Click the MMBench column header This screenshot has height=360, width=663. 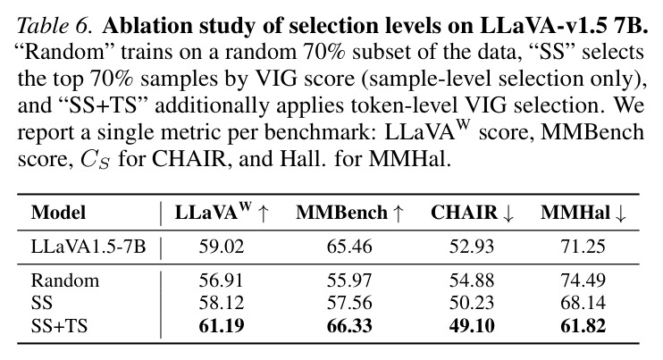point(349,213)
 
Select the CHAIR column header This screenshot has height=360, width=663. point(472,213)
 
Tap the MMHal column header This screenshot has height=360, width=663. point(583,213)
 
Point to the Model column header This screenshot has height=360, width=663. point(58,213)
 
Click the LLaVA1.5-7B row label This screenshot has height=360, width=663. point(88,247)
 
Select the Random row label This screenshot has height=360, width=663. point(65,280)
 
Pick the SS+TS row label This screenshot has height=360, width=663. point(59,326)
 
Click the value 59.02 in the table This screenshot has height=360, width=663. point(222,247)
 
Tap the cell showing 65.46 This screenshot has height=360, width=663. point(349,247)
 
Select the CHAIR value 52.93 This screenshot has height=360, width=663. point(472,247)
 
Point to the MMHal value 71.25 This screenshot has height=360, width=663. point(583,247)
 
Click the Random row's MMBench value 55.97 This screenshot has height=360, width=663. point(349,280)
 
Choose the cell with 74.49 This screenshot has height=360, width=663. point(583,280)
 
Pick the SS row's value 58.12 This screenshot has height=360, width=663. point(222,303)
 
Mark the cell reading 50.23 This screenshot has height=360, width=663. point(472,303)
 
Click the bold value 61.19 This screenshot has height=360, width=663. point(222,326)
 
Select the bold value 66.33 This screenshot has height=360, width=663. point(349,326)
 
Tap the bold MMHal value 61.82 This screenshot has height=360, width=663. point(583,326)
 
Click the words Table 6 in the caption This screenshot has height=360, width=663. point(55,27)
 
